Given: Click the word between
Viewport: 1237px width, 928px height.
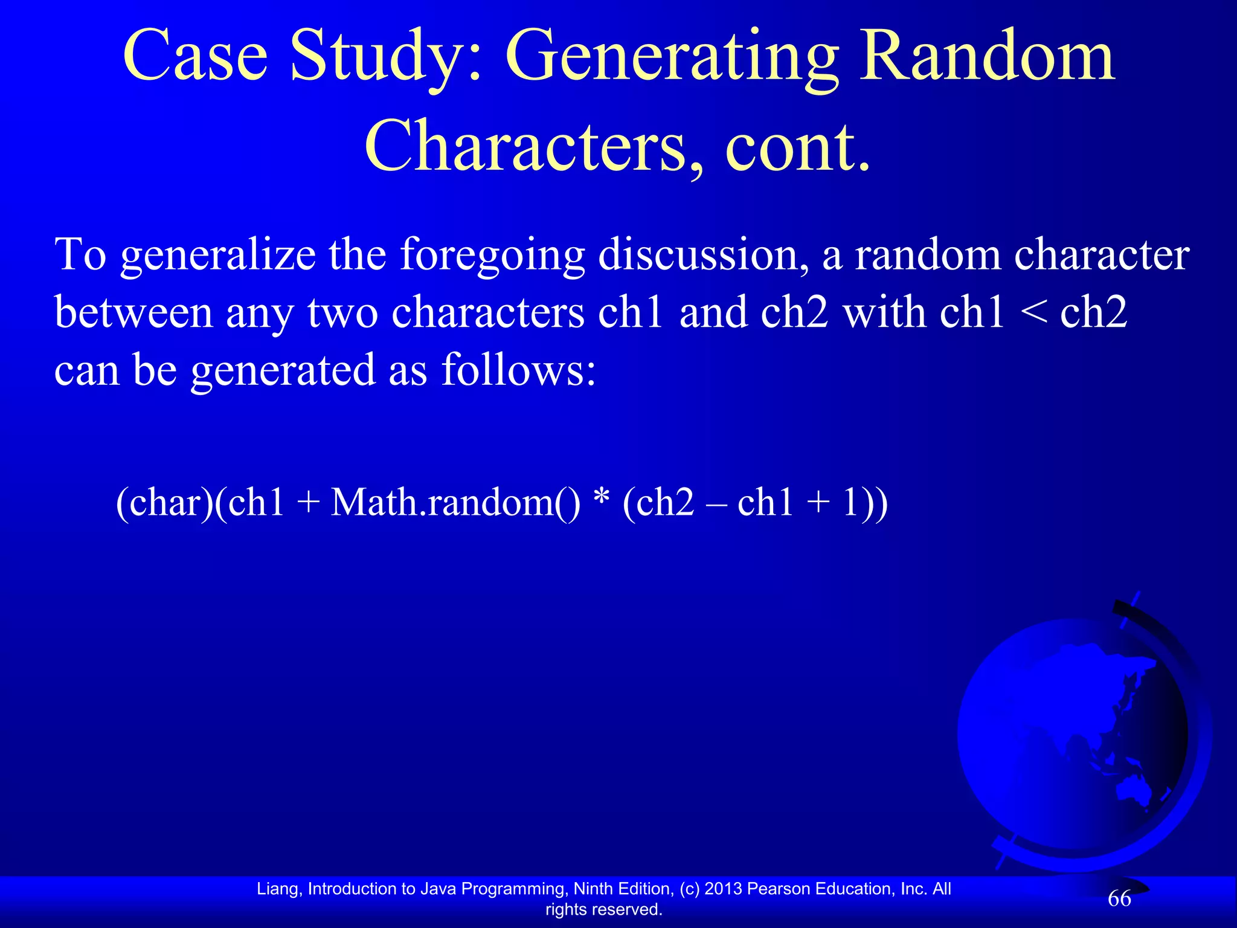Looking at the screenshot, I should click(133, 312).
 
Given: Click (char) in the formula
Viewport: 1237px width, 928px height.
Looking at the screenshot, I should click(163, 502).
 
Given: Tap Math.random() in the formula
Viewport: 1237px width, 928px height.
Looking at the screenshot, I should click(455, 502).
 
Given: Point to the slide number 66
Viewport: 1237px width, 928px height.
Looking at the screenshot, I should click(1119, 899).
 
